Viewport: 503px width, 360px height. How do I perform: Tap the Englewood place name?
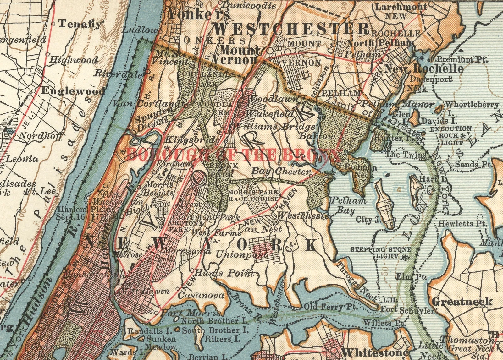(x=73, y=91)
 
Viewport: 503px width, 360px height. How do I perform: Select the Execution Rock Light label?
(x=450, y=135)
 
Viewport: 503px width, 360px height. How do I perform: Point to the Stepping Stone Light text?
(x=380, y=253)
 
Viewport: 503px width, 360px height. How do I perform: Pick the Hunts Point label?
(x=224, y=273)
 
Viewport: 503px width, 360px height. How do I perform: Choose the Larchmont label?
(x=401, y=7)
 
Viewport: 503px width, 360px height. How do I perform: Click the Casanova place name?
(x=201, y=295)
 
